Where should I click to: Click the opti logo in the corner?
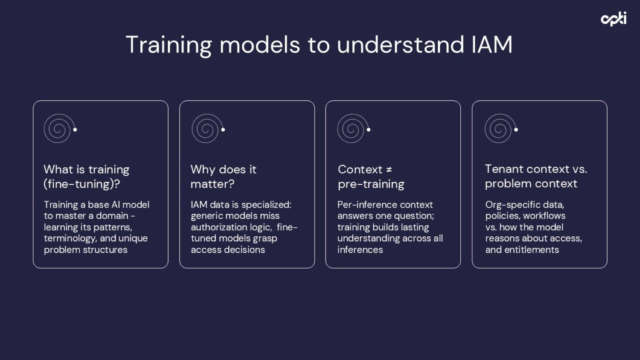tap(613, 19)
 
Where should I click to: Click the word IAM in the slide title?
tap(492, 45)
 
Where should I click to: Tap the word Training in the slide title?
tap(169, 45)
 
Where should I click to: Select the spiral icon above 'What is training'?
tap(58, 128)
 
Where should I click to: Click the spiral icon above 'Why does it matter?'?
tap(207, 128)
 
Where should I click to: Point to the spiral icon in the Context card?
tap(352, 128)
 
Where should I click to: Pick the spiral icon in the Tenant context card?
tap(500, 128)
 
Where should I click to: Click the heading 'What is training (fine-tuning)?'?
tap(86, 177)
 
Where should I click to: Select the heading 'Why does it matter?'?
tap(223, 177)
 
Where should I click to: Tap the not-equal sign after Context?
tap(389, 170)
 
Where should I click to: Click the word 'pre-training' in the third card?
tap(371, 184)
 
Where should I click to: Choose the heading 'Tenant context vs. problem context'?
tap(536, 176)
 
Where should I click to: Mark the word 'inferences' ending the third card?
tap(360, 250)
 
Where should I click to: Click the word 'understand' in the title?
tap(400, 45)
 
